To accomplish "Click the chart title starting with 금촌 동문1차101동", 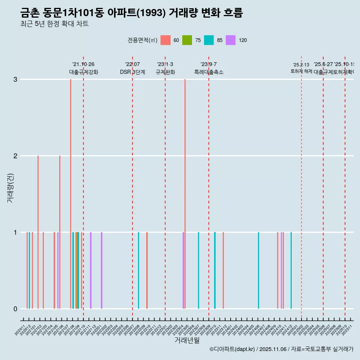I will click(x=132, y=13).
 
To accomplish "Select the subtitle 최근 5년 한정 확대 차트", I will click(x=54, y=24).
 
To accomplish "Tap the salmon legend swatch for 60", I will click(x=165, y=40).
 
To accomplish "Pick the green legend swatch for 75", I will click(x=187, y=40).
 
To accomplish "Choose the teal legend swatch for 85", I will click(x=209, y=40).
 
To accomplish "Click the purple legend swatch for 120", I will click(x=231, y=40).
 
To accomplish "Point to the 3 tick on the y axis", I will click(x=15, y=79).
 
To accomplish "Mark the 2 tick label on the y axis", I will click(x=15, y=156).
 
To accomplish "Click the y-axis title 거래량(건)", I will click(x=10, y=187).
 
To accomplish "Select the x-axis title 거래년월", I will click(x=187, y=340).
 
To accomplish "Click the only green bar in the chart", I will click(x=78, y=270).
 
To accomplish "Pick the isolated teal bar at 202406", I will click(x=258, y=270).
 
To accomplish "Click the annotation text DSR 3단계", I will click(x=132, y=72).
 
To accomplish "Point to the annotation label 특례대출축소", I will click(x=208, y=72).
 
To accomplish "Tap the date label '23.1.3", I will click(x=165, y=64).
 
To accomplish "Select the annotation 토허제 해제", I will click(x=301, y=71).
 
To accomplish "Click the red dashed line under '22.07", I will click(x=132, y=187).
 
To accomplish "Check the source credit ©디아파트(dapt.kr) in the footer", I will click(x=232, y=349).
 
